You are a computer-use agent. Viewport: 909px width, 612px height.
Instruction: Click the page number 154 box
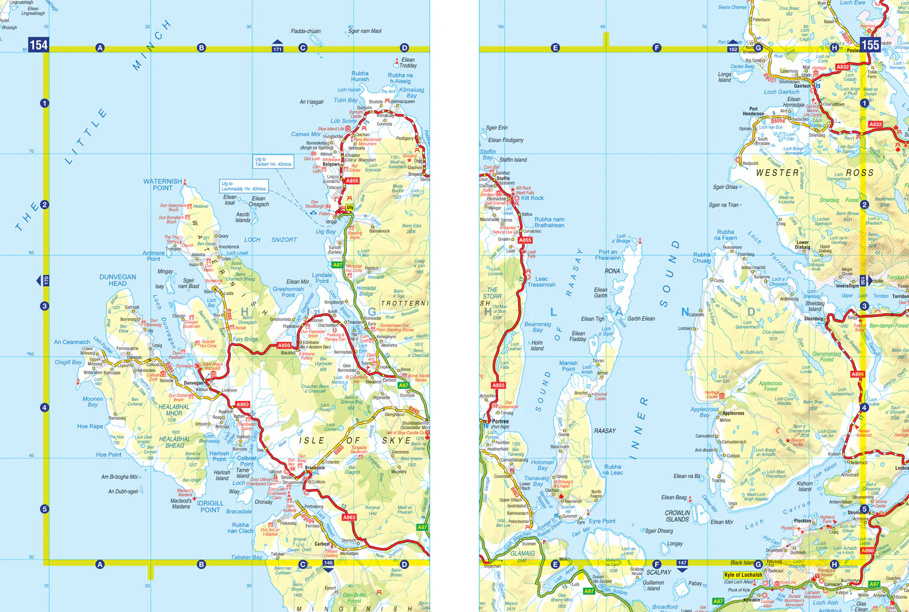point(38,44)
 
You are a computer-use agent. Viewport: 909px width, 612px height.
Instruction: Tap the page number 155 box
point(870,44)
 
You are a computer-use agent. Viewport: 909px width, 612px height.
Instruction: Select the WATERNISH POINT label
point(162,184)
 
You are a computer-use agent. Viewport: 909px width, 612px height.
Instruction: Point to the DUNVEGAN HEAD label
point(118,280)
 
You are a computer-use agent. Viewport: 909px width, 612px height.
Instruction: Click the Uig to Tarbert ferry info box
point(273,162)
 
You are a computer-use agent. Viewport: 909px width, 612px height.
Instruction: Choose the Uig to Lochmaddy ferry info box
point(244,186)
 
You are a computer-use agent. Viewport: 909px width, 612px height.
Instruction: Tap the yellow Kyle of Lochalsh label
point(743,574)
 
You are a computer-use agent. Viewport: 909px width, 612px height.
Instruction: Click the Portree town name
point(500,421)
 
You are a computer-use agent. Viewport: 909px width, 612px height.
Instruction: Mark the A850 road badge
point(284,345)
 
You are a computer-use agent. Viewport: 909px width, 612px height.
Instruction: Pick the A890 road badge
point(868,551)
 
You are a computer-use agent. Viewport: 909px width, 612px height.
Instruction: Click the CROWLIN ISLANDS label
point(677,516)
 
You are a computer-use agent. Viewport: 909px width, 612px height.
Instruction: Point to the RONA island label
point(612,271)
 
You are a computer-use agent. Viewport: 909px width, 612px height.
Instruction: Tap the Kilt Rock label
point(532,198)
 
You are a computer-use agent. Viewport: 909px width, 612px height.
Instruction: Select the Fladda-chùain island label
point(305,31)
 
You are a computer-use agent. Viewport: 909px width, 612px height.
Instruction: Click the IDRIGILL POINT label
point(210,507)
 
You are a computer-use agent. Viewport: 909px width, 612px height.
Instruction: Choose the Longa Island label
point(725,77)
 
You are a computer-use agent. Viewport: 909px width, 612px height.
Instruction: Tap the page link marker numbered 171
point(278,48)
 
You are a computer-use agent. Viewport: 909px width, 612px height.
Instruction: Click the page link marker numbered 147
point(682,564)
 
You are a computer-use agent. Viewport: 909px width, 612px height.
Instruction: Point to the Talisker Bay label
point(247,557)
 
